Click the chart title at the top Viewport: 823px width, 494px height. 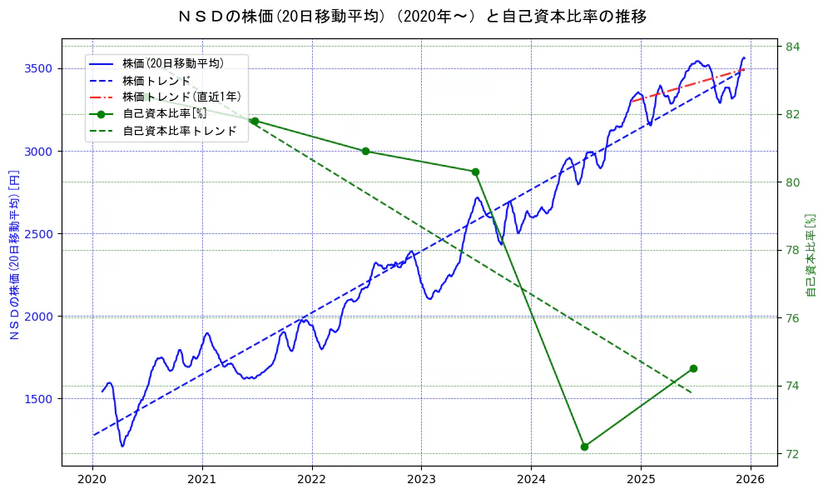[x=412, y=17]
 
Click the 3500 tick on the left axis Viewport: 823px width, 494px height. [x=37, y=68]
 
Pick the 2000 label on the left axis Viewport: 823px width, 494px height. [x=37, y=317]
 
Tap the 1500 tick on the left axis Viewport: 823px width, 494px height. [x=37, y=399]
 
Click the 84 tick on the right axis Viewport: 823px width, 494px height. [x=792, y=46]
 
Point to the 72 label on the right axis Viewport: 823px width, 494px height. [x=792, y=454]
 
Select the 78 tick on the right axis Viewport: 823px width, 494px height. [x=792, y=250]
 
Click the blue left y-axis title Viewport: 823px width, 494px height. [x=14, y=253]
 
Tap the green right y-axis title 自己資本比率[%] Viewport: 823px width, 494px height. [x=811, y=254]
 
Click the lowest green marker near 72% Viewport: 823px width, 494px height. [x=584, y=447]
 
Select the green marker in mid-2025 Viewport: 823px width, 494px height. [x=693, y=368]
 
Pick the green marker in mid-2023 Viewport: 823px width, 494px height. [x=475, y=172]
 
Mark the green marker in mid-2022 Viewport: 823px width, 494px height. [x=365, y=151]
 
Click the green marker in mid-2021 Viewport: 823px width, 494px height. [x=255, y=121]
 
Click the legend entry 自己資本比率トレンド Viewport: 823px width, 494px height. [x=179, y=131]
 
